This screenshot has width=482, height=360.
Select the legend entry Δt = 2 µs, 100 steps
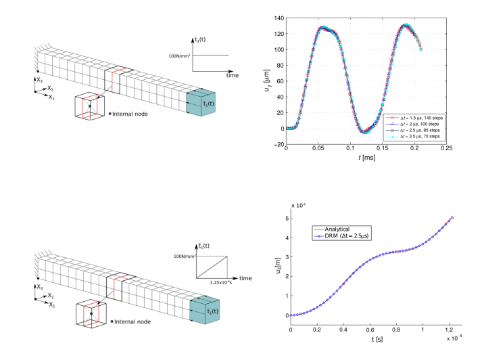click(415, 124)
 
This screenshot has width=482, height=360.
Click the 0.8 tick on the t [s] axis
click(396, 330)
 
